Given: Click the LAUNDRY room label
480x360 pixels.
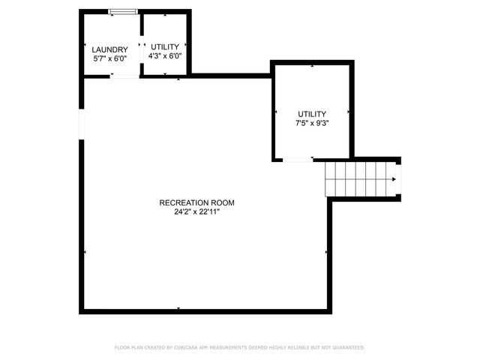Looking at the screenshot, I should [110, 49].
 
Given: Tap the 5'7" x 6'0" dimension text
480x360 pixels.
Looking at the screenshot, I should [110, 58].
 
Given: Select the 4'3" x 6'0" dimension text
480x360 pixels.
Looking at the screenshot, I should [165, 55].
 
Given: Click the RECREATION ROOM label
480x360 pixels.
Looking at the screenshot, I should [196, 202].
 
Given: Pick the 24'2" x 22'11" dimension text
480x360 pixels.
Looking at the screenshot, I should [196, 211].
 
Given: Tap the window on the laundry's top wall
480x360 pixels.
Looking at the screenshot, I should [122, 11].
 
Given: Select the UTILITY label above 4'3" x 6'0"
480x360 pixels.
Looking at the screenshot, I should [165, 46].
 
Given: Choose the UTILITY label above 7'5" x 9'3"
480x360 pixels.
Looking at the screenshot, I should [312, 113].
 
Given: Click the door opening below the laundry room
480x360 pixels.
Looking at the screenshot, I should [125, 76].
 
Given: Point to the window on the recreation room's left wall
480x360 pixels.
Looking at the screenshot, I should [81, 124].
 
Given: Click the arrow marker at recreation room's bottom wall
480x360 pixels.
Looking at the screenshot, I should [178, 308].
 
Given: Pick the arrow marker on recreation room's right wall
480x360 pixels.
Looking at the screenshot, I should [326, 252].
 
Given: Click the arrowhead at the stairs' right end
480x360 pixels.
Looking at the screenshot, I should [394, 178].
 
